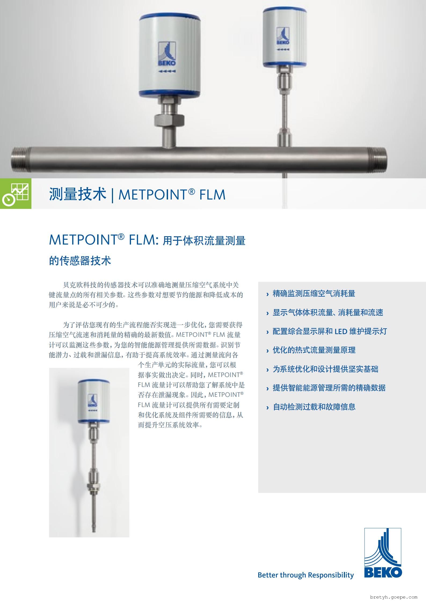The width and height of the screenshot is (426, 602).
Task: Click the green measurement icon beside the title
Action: pos(16,193)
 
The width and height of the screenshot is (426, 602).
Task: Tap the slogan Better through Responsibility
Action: pos(306,575)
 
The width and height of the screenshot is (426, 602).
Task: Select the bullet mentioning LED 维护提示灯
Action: pos(330,331)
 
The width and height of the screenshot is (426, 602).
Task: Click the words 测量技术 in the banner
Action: pos(78,194)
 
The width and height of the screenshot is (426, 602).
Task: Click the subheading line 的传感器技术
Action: pos(80,260)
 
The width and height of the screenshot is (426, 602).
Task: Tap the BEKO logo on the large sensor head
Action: pos(167,54)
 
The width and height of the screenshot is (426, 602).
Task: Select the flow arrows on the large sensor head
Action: pos(167,71)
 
